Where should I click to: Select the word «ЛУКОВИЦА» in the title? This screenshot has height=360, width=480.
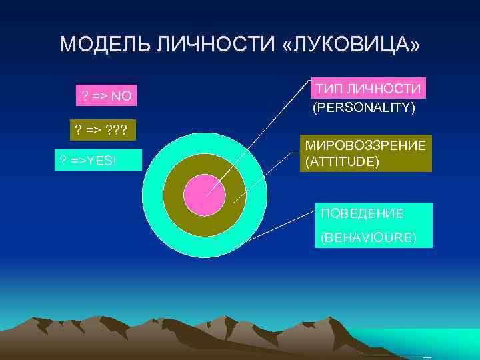click(351, 45)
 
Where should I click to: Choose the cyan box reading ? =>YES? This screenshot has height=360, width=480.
click(97, 160)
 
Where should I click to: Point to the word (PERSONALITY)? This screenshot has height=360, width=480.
click(364, 107)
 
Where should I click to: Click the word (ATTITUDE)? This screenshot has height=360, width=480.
click(342, 161)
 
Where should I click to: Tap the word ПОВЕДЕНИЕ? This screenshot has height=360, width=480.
click(362, 214)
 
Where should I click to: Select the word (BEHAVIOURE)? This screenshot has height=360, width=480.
click(368, 237)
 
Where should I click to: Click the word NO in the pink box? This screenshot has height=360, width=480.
click(121, 97)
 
